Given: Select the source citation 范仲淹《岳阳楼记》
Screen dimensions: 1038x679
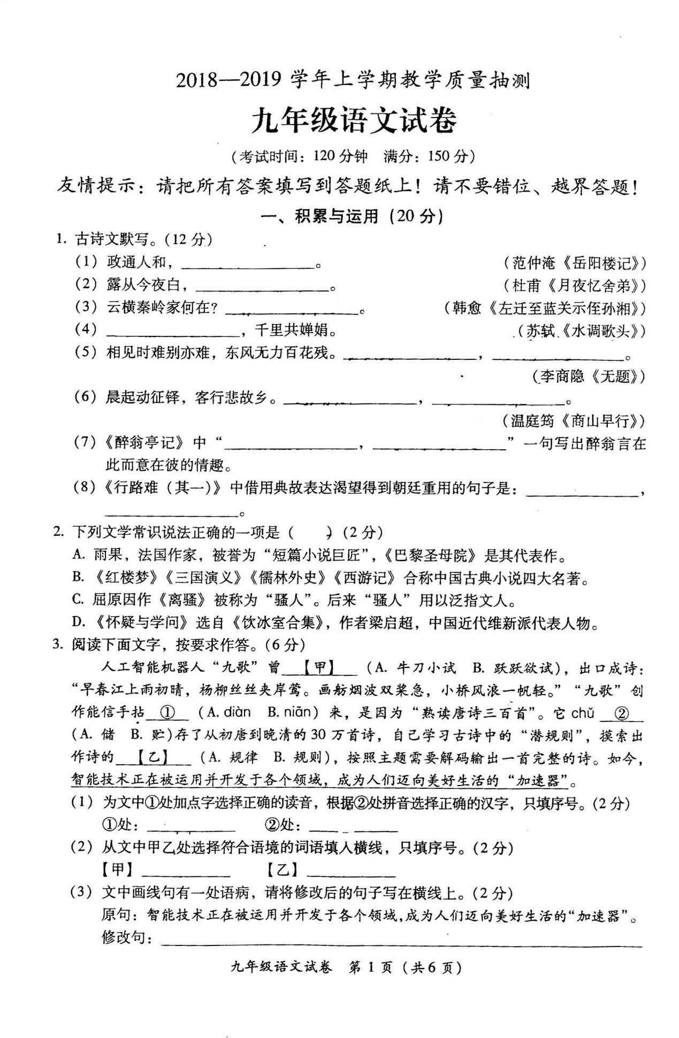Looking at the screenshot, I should pos(575,263).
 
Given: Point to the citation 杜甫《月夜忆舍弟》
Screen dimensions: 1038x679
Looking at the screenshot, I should pos(575,286).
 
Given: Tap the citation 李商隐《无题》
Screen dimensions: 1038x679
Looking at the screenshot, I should pos(589,376).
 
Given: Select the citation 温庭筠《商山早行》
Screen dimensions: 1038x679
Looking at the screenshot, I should pos(574,421).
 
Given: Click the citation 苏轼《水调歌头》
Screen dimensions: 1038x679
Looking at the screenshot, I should pos(581,331).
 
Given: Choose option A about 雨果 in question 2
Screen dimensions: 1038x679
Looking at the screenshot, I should pos(319,556).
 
